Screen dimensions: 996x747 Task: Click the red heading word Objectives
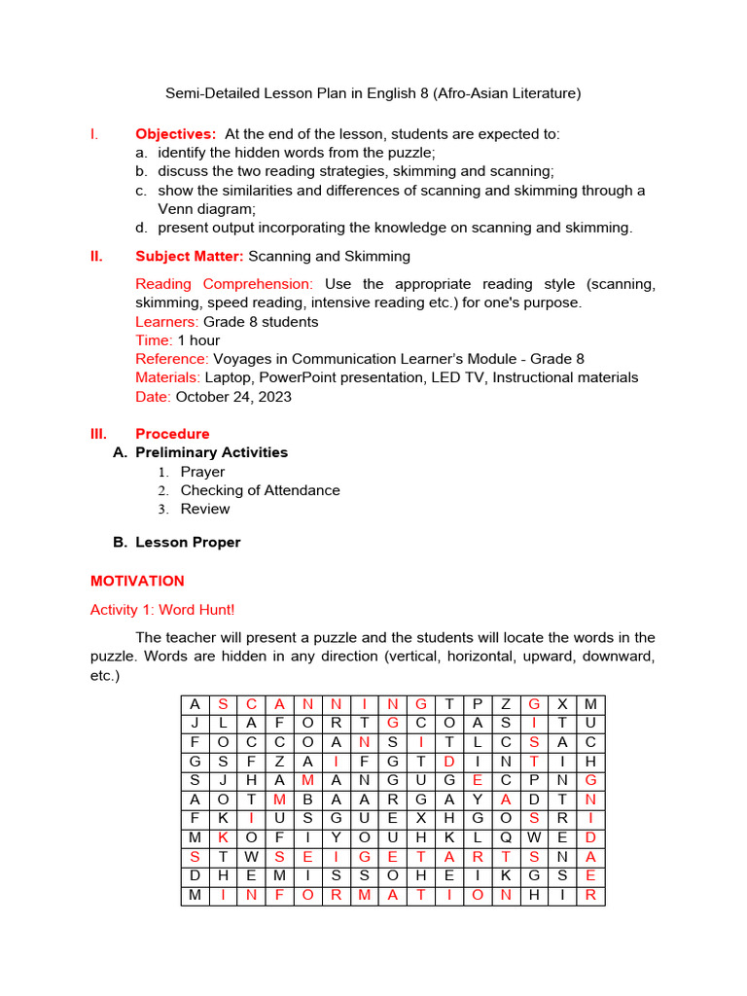pyautogui.click(x=175, y=134)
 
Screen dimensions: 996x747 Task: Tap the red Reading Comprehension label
pyautogui.click(x=224, y=284)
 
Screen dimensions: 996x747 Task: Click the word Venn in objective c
pyautogui.click(x=177, y=209)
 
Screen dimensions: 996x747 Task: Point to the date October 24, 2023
pyautogui.click(x=233, y=397)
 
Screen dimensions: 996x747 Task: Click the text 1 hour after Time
pyautogui.click(x=198, y=340)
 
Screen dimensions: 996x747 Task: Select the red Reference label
pyautogui.click(x=171, y=359)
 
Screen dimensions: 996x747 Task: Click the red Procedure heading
pyautogui.click(x=172, y=434)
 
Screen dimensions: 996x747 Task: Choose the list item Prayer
pyautogui.click(x=202, y=472)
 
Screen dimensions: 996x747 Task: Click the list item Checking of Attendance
pyautogui.click(x=260, y=490)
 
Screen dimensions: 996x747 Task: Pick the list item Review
pyautogui.click(x=205, y=509)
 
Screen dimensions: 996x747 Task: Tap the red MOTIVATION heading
pyautogui.click(x=137, y=582)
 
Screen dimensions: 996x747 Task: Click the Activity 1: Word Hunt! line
pyautogui.click(x=162, y=610)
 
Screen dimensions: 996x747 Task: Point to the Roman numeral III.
pyautogui.click(x=99, y=434)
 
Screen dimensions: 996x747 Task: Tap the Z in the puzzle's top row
pyautogui.click(x=506, y=703)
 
